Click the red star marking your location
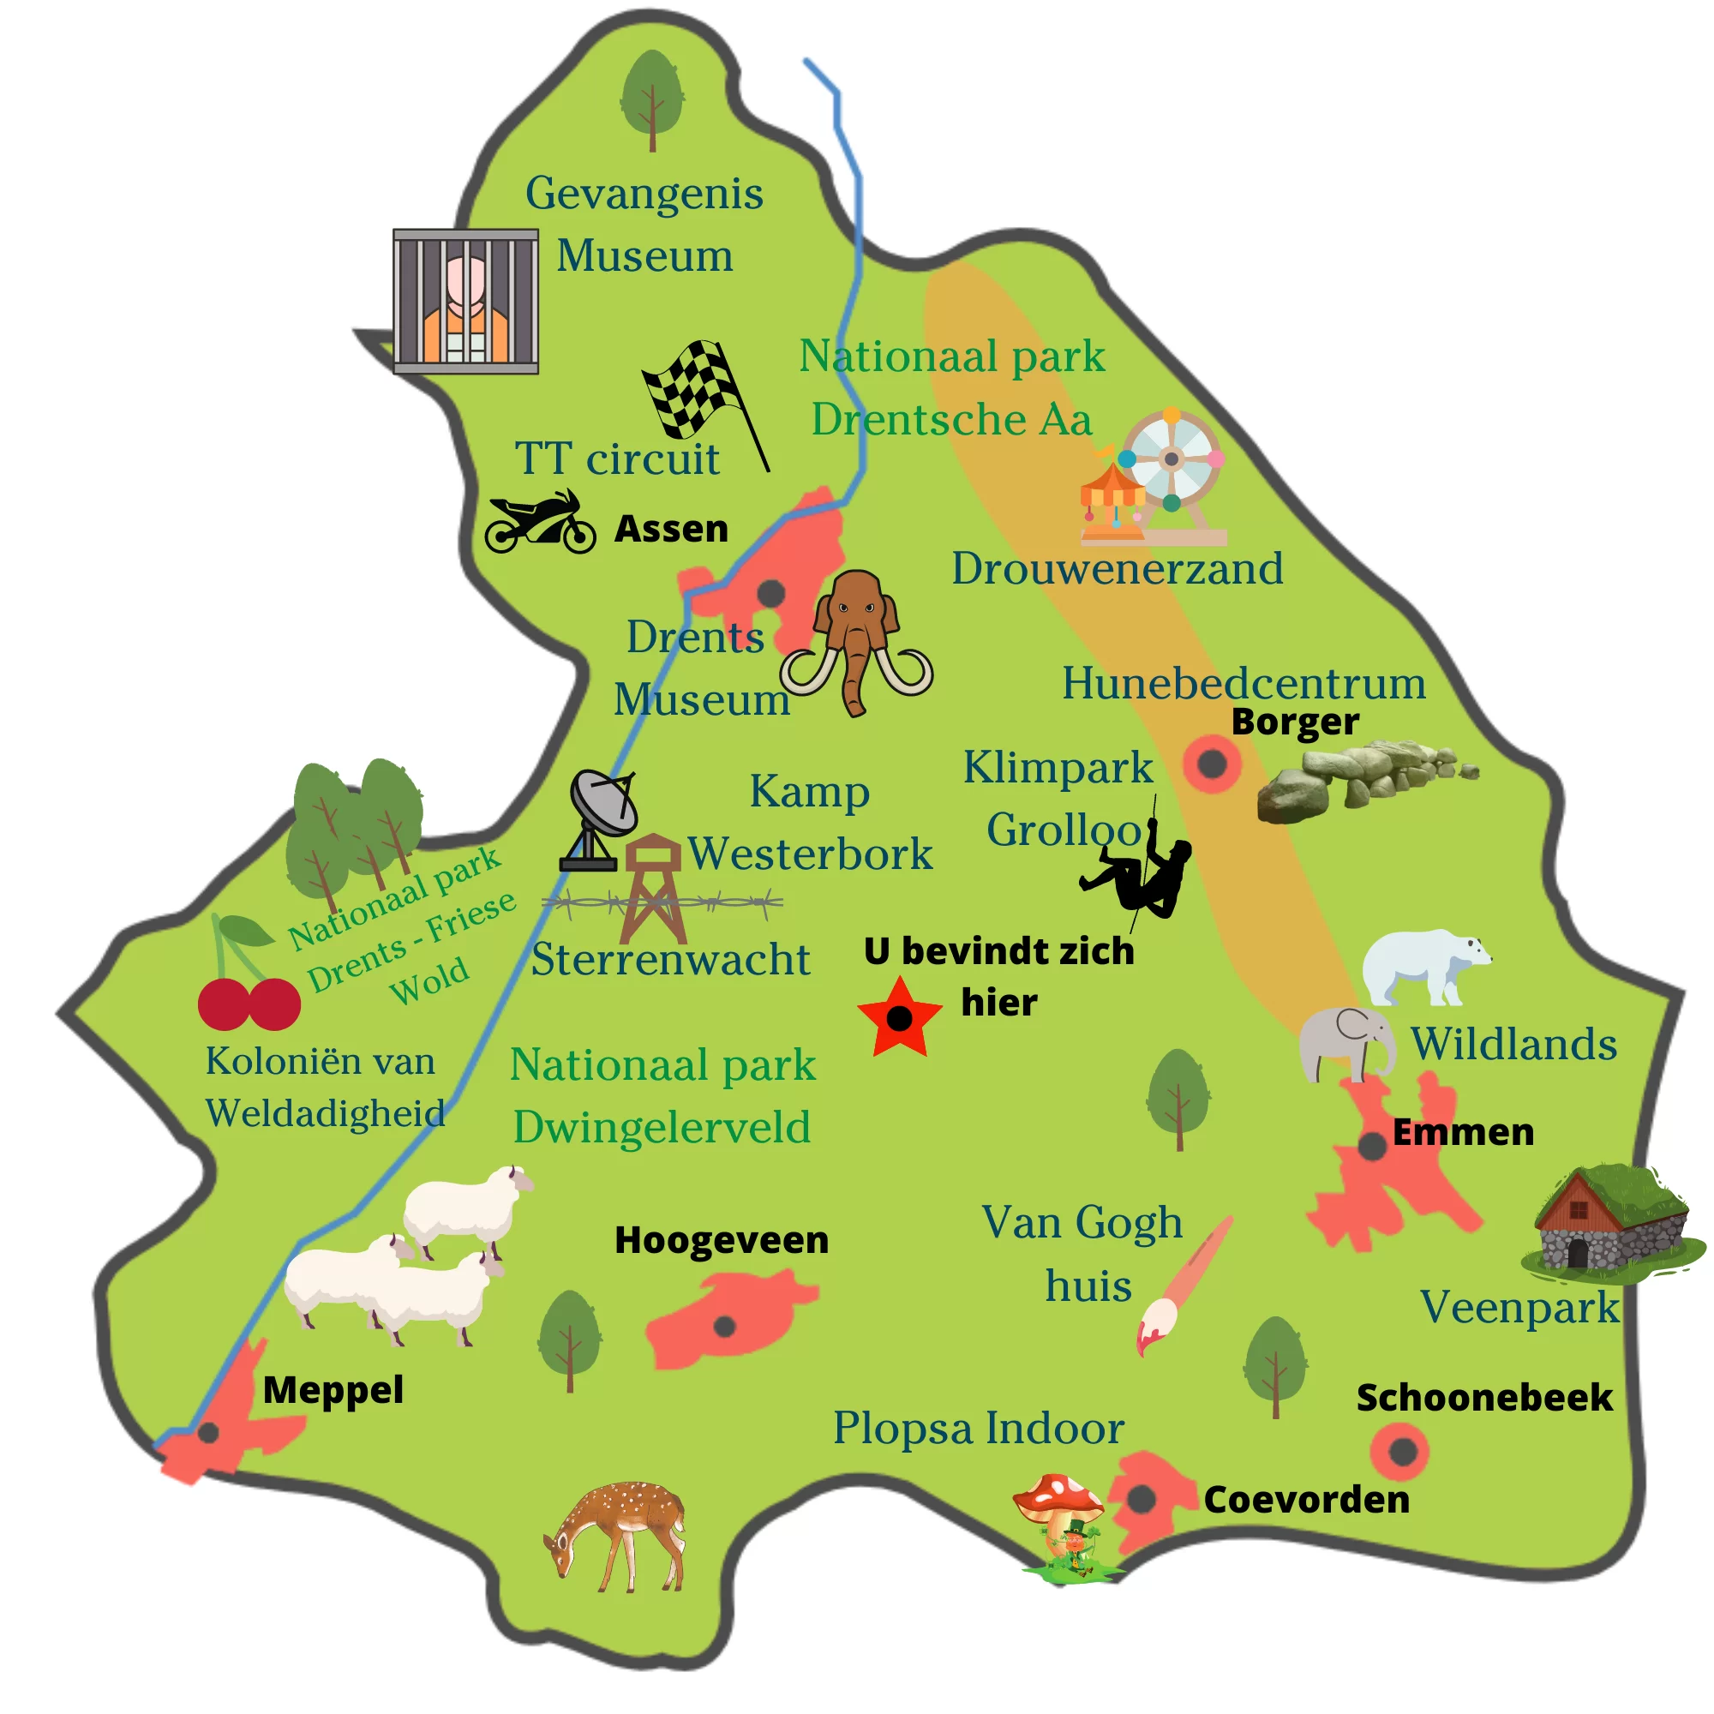click(899, 1017)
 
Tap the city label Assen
click(672, 529)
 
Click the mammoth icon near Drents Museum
click(856, 640)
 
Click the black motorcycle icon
click(539, 524)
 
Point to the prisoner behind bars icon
click(465, 302)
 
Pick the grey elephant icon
click(1344, 1043)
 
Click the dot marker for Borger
click(1212, 763)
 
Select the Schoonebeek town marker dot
click(1402, 1453)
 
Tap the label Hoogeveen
click(722, 1240)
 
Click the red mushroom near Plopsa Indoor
click(1058, 1499)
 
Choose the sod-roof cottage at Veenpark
click(1611, 1223)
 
